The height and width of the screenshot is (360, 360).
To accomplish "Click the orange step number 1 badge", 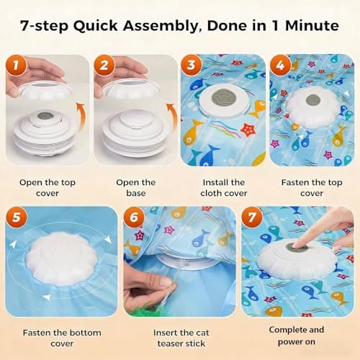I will (16, 67).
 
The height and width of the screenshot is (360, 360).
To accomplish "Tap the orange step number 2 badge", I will (104, 67).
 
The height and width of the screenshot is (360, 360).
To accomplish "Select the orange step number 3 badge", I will (192, 67).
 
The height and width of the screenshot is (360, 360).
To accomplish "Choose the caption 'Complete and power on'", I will (297, 337).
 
